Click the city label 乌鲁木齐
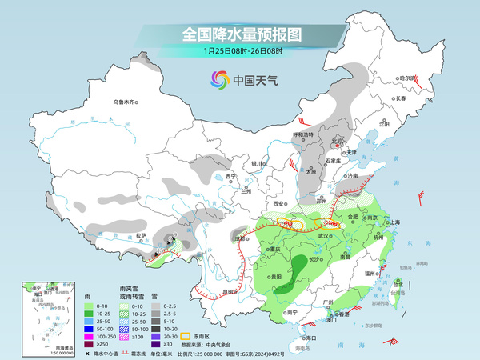(x=126, y=102)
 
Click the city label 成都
(x=238, y=238)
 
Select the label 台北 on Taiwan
(x=397, y=282)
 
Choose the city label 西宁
(x=231, y=176)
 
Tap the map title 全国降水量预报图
(x=242, y=34)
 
